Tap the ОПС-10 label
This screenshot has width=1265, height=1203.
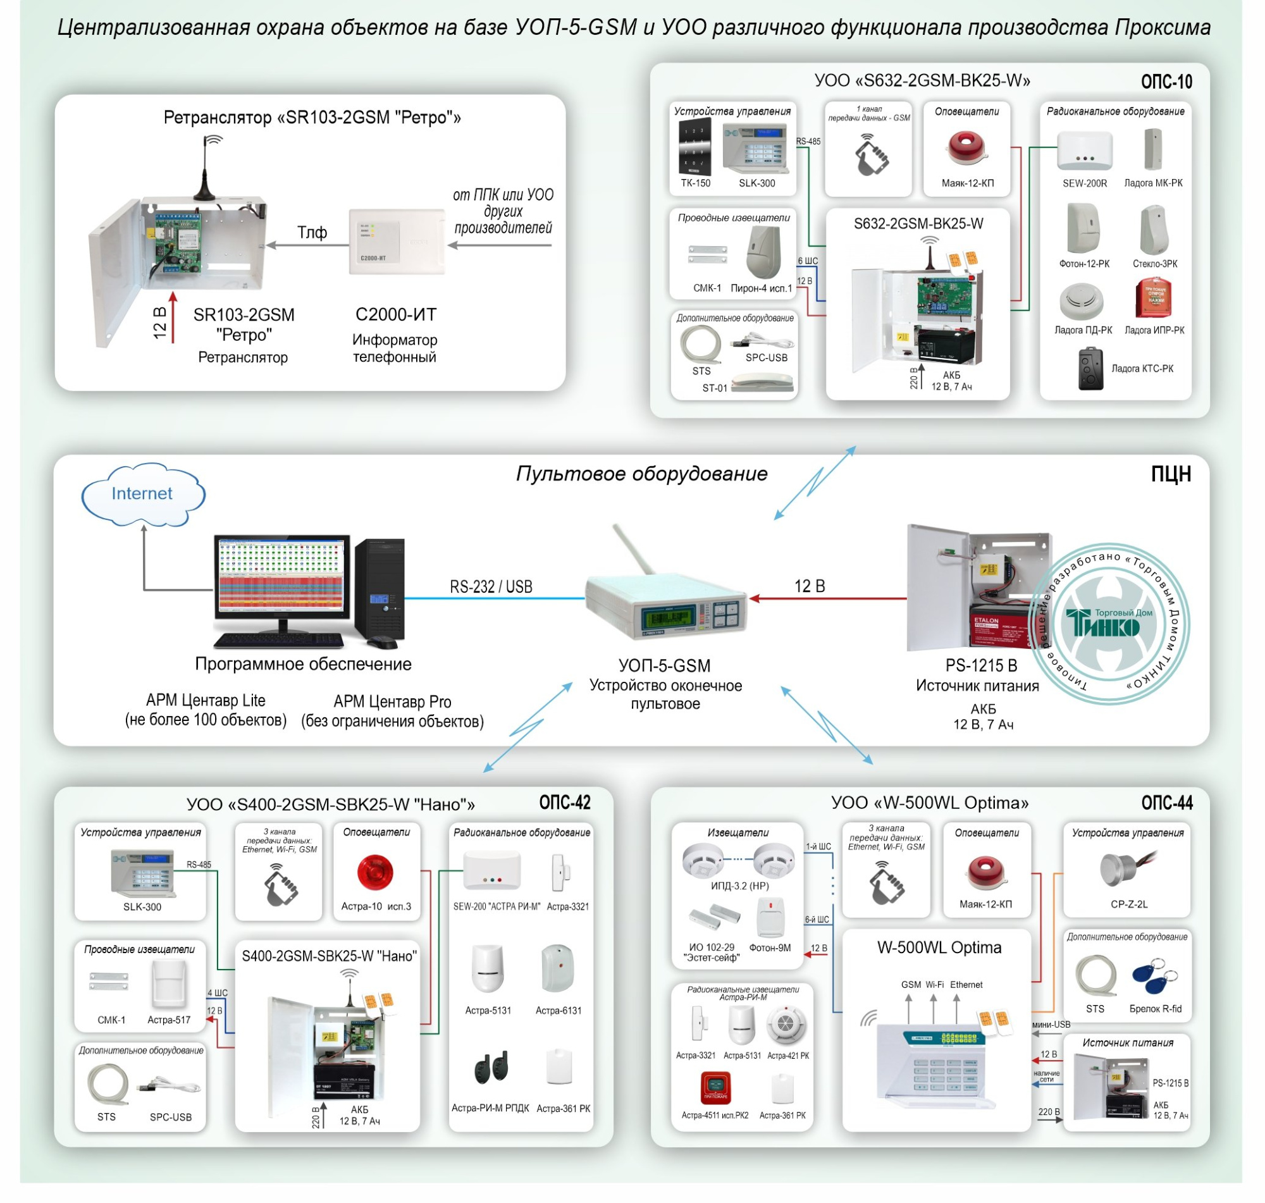click(x=1166, y=82)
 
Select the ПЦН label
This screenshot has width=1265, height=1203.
click(x=1170, y=474)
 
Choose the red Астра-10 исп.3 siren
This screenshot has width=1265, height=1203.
click(x=375, y=872)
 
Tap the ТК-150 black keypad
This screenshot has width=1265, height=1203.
click(x=694, y=148)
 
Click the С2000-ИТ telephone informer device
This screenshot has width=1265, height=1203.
click(x=397, y=242)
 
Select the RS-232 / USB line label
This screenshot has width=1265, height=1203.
click(x=490, y=587)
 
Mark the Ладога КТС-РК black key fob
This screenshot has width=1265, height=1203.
click(x=1090, y=369)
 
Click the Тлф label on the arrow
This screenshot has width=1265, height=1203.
click(x=312, y=233)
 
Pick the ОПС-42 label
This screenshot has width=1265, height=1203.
click(x=564, y=803)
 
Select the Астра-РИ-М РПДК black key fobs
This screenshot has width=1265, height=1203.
click(x=491, y=1068)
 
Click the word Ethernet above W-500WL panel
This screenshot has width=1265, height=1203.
click(x=966, y=985)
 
